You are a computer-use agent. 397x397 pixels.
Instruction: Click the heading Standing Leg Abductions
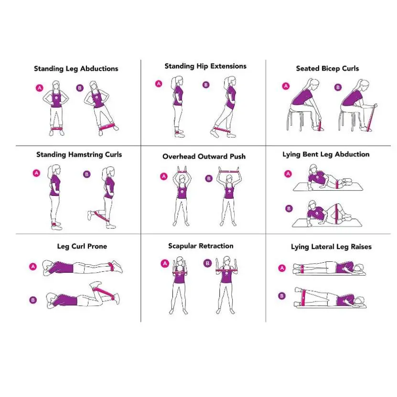(x=76, y=69)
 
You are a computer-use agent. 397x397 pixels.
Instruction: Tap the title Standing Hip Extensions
(x=205, y=66)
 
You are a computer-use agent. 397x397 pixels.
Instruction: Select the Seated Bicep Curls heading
(x=327, y=69)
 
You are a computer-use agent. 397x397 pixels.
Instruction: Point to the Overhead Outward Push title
(x=204, y=157)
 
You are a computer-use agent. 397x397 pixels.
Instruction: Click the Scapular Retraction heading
(x=201, y=246)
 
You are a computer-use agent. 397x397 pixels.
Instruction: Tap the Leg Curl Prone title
(x=82, y=247)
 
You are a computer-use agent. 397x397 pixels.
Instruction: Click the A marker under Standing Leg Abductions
(x=40, y=88)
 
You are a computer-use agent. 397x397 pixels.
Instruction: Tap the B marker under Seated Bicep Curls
(x=338, y=87)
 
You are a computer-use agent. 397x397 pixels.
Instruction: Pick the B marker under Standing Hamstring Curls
(x=86, y=174)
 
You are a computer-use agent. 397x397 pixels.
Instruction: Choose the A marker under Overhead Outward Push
(x=164, y=176)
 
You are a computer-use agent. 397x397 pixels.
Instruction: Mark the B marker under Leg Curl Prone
(x=33, y=300)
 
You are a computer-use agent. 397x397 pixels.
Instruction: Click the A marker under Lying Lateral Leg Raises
(x=282, y=268)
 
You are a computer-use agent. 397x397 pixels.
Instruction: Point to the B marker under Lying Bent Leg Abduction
(x=289, y=209)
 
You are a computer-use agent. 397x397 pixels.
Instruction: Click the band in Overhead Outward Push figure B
(x=229, y=172)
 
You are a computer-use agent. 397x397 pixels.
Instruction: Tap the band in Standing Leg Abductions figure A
(x=56, y=129)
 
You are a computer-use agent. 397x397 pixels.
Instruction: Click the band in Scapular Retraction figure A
(x=180, y=273)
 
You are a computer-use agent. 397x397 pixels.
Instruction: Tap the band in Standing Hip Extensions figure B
(x=222, y=130)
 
